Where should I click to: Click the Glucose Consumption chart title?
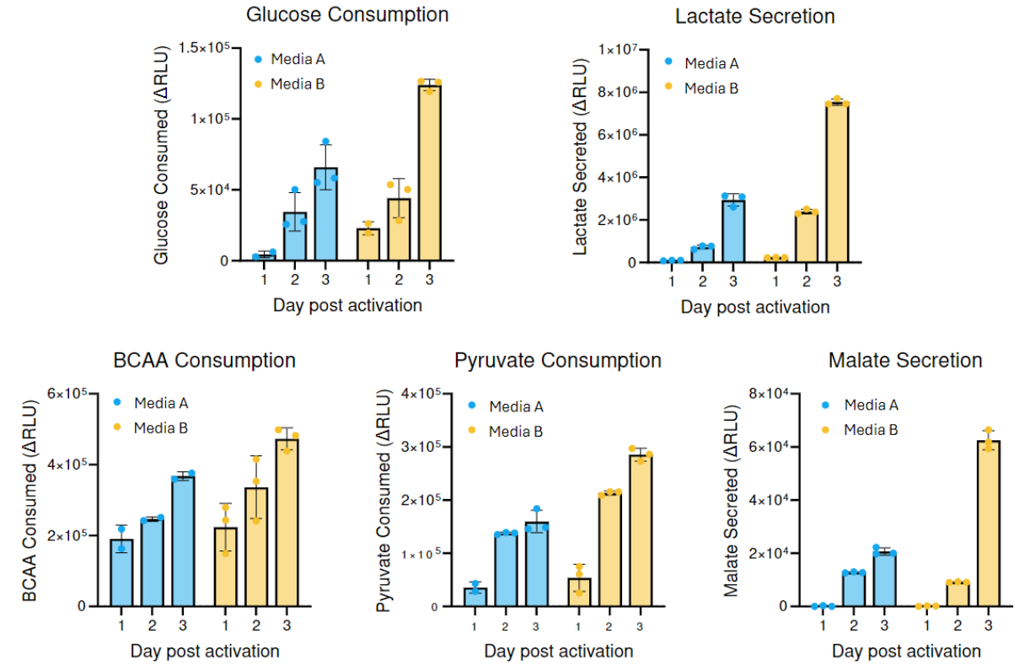pyautogui.click(x=347, y=14)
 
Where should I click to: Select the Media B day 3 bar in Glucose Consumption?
pyautogui.click(x=429, y=173)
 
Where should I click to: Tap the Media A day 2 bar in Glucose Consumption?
pyautogui.click(x=294, y=236)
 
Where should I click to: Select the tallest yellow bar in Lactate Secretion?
pyautogui.click(x=837, y=182)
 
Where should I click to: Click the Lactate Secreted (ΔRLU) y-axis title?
pyautogui.click(x=580, y=158)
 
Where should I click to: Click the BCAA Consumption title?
pyautogui.click(x=204, y=361)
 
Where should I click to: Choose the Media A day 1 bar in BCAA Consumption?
pyautogui.click(x=122, y=572)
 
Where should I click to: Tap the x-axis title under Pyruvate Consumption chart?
pyautogui.click(x=558, y=652)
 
